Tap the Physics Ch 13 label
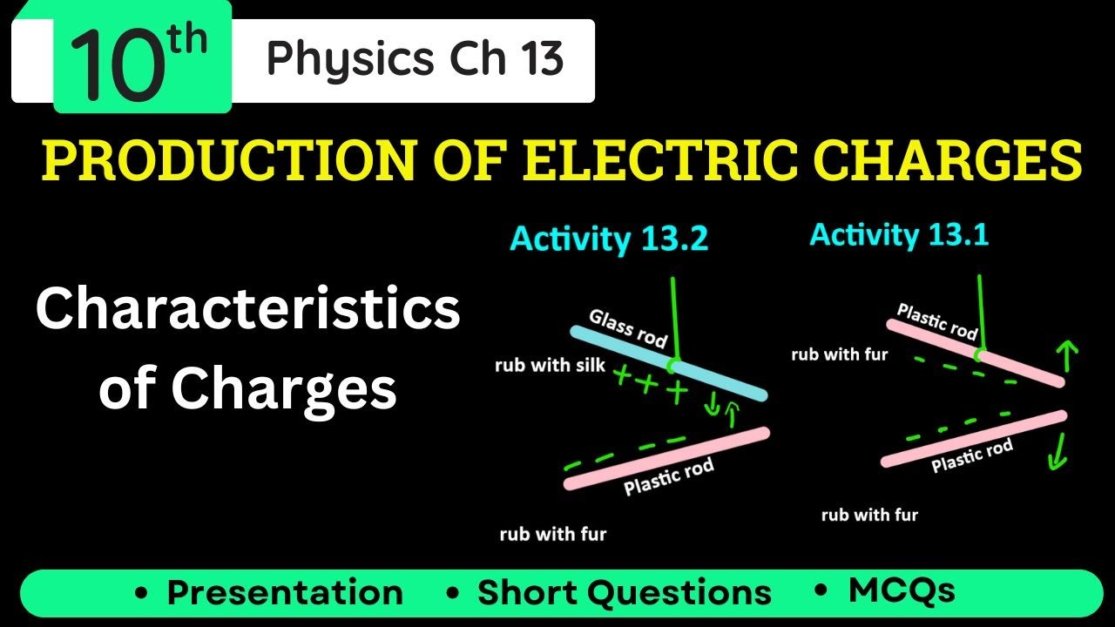pos(415,59)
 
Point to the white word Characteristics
pos(248,310)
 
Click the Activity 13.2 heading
pos(609,239)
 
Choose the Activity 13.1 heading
pos(899,234)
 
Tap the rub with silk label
pos(550,365)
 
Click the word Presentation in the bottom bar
pos(285,593)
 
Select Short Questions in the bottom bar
pos(624,593)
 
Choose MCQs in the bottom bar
pos(902,590)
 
